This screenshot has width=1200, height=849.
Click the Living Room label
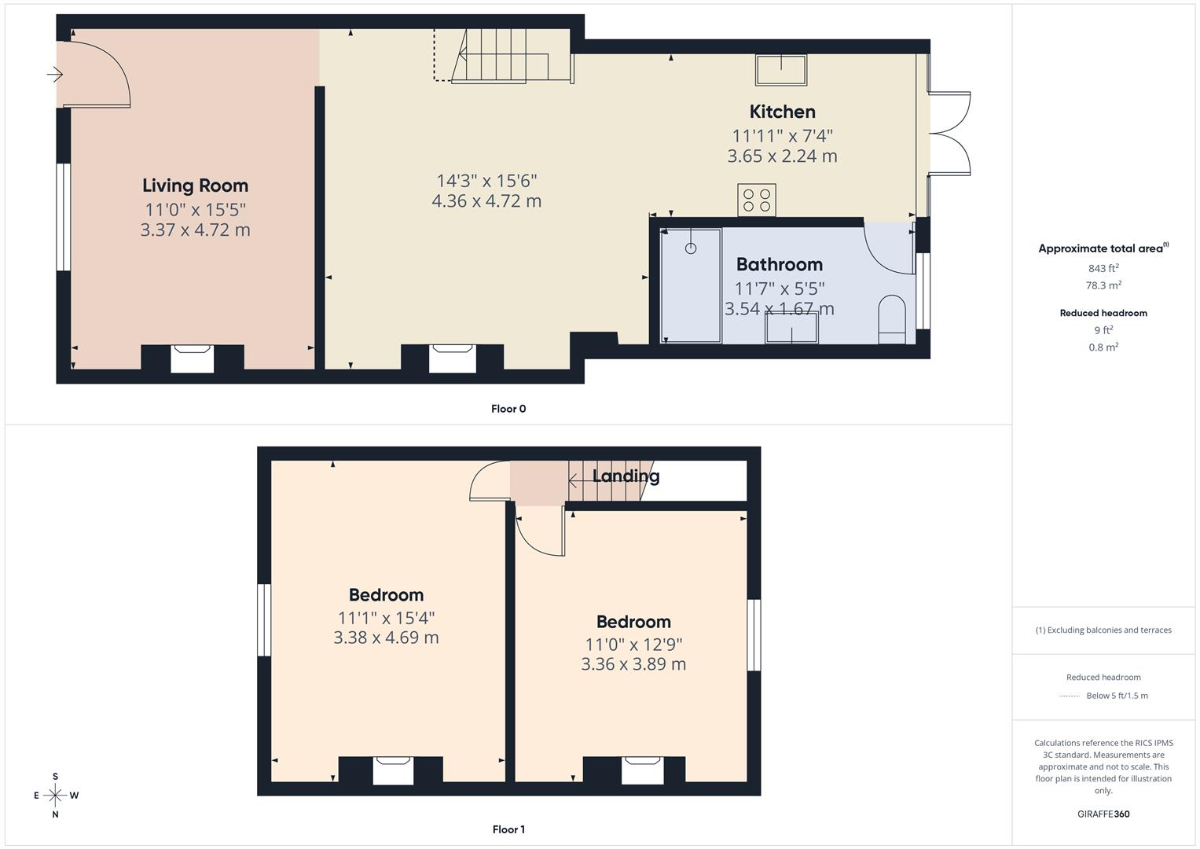tap(195, 186)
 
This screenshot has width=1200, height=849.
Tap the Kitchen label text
tap(782, 112)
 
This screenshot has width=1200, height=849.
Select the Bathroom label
tap(779, 264)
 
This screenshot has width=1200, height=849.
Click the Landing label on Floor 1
tap(626, 476)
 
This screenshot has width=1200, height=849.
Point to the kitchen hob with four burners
tap(757, 200)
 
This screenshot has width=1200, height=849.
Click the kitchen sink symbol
tap(781, 69)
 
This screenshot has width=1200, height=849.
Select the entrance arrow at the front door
tap(55, 75)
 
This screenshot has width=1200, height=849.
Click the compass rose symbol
tap(55, 796)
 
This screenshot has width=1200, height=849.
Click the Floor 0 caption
tap(508, 409)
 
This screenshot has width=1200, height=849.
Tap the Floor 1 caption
tap(508, 829)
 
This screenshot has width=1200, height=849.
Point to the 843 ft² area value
tap(1103, 268)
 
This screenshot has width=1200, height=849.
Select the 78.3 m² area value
tap(1103, 285)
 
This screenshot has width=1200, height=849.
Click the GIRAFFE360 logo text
tap(1103, 814)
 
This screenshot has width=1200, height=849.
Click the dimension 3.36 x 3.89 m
tap(633, 664)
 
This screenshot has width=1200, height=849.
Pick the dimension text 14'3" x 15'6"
tap(486, 181)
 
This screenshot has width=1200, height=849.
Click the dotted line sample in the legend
tap(1070, 696)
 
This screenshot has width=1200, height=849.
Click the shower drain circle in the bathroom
tap(691, 248)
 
